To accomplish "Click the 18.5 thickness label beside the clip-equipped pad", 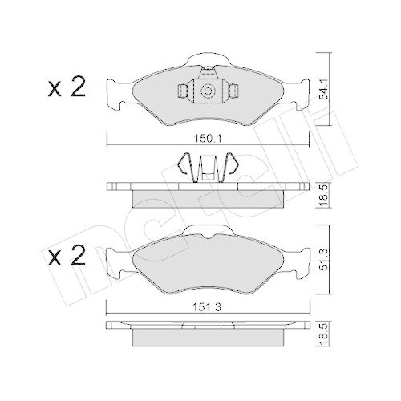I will pos(323,193).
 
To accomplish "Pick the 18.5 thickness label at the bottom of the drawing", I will pos(323,337).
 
